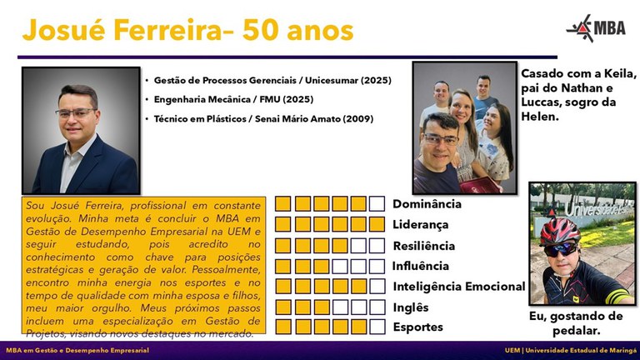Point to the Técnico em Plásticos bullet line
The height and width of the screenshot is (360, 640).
[x=263, y=119]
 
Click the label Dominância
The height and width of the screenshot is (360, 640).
[x=427, y=203]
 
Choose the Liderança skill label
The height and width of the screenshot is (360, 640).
[x=420, y=224]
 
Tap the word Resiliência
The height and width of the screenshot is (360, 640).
[x=423, y=246]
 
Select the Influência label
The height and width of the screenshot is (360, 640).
[x=420, y=266]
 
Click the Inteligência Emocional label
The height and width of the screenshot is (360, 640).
[x=458, y=287]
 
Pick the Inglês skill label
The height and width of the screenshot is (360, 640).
[x=412, y=307]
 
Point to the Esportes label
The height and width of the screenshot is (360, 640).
[x=417, y=327]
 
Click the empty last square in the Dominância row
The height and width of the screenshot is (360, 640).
[x=377, y=203]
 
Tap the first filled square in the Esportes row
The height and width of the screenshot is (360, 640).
[x=283, y=327]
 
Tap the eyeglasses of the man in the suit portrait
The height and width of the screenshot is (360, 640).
[x=77, y=112]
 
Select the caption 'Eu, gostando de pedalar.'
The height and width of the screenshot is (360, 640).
[x=576, y=323]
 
